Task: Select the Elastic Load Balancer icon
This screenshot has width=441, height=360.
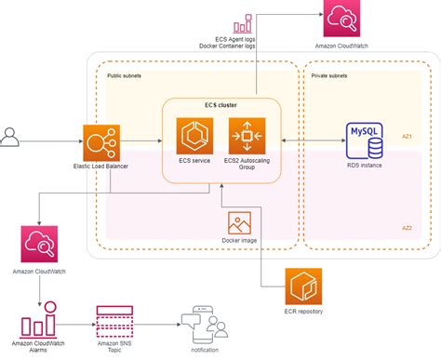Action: (x=100, y=141)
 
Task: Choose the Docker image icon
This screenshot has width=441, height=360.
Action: (x=239, y=224)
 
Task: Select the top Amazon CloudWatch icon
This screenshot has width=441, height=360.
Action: (x=339, y=19)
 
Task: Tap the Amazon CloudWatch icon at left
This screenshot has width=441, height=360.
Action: (x=40, y=247)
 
